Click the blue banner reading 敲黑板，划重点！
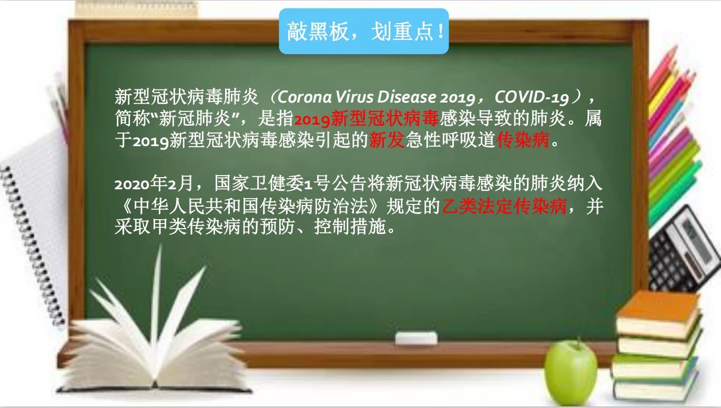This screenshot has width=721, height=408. pyautogui.click(x=363, y=32)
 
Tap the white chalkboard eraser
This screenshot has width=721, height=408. pyautogui.click(x=416, y=338)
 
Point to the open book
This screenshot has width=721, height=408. pyautogui.click(x=153, y=342)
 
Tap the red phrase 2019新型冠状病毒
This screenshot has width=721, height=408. pyautogui.click(x=366, y=119)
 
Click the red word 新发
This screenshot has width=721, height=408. pyautogui.click(x=386, y=140)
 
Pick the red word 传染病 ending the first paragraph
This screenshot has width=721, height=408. pyautogui.click(x=523, y=140)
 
